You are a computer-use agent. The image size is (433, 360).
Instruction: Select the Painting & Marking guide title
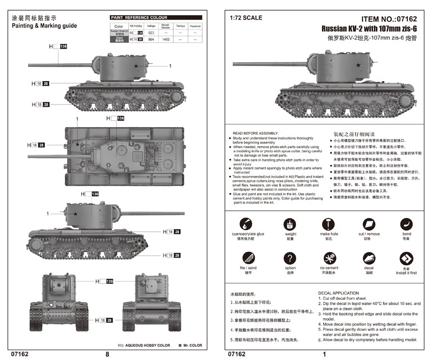tap(44, 25)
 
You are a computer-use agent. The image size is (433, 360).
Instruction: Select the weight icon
tap(291, 224)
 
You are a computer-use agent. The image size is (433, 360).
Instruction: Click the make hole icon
tap(329, 224)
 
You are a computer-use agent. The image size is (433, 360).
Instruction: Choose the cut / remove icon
tap(368, 224)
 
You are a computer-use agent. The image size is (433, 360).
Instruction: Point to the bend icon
tap(406, 224)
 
